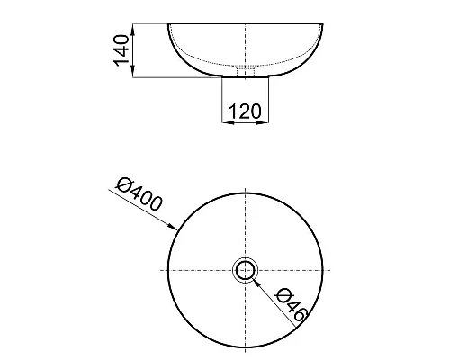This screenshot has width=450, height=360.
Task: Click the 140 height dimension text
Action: coord(121,50)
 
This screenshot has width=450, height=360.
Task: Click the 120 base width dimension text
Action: coord(245,112)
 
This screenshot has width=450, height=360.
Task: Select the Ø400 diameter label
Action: coord(139,194)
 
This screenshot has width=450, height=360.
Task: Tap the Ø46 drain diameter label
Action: coord(292,304)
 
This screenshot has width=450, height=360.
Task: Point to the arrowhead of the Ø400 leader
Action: coord(173,227)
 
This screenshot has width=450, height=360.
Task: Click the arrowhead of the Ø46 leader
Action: coord(255,281)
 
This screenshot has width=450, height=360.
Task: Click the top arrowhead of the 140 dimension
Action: coord(133,28)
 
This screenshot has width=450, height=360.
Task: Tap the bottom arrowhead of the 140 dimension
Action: coord(133,73)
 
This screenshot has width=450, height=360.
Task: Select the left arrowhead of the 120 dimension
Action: coord(227,122)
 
